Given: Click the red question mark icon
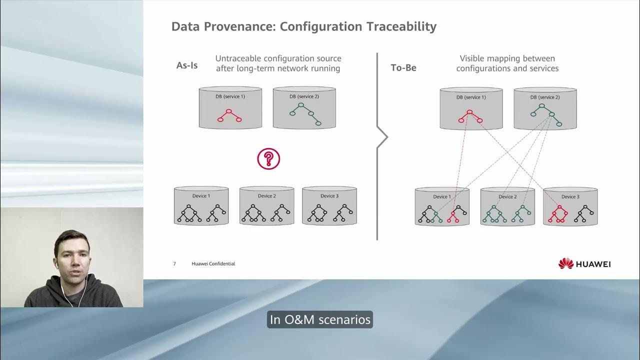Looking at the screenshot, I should [268, 159].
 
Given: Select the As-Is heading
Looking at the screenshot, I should [187, 65].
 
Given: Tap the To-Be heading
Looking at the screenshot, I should [403, 67].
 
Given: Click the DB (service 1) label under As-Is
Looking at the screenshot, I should [230, 96].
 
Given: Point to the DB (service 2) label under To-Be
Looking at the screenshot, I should [545, 97].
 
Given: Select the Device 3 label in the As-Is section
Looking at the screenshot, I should [329, 196].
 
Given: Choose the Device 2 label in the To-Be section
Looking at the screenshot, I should [507, 196].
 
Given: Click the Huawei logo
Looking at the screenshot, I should [584, 263].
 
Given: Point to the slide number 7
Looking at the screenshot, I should [174, 263].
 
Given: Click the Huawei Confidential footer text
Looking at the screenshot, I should [213, 263].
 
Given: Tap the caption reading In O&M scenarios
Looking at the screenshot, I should [320, 319].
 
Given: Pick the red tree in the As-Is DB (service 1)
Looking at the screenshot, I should [229, 115].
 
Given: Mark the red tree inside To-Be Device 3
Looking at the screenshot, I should [558, 214].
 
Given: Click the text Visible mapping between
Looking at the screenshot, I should [507, 58].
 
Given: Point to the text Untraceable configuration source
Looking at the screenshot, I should [278, 58].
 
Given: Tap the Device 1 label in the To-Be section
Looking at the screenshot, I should [441, 196].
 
